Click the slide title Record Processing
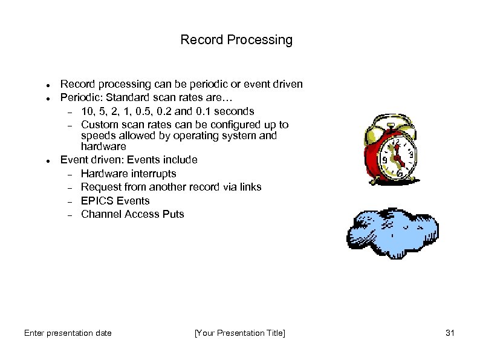click(236, 40)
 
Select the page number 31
click(449, 333)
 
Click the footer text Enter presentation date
click(68, 333)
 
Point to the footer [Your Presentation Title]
click(239, 333)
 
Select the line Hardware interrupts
click(128, 174)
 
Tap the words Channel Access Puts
click(132, 214)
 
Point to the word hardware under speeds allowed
click(103, 146)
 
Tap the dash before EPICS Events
click(70, 201)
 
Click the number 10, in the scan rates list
click(88, 111)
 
